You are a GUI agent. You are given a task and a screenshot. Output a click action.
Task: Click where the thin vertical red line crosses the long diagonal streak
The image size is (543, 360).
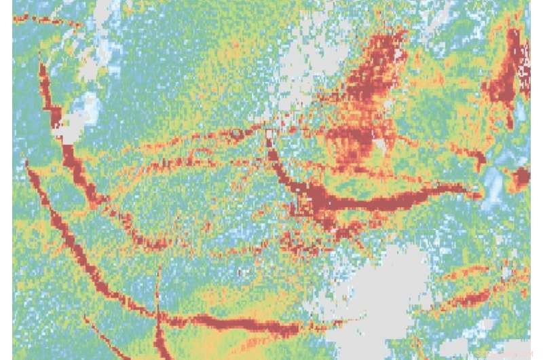point(157,314)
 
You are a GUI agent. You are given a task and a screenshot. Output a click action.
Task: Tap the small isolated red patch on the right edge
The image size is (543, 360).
point(521,178)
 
